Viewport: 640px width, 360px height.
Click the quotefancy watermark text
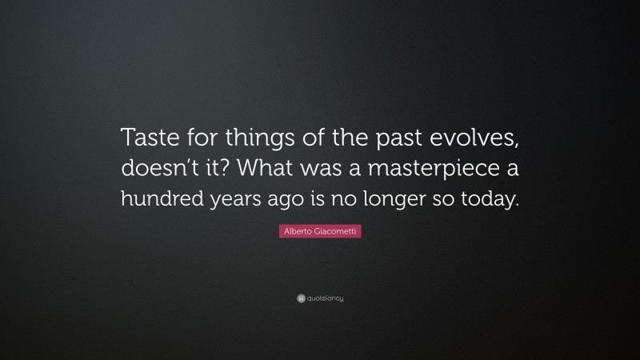click(x=325, y=298)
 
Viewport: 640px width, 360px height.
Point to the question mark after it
click(x=254, y=170)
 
